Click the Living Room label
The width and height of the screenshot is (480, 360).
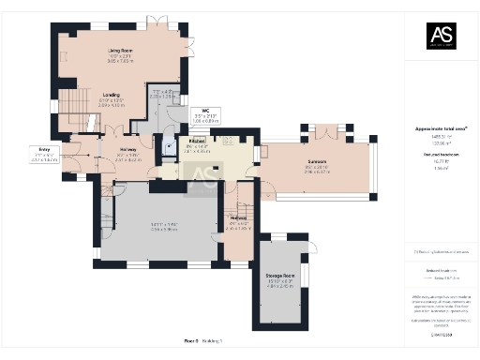coord(118,49)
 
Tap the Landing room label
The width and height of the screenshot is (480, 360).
coord(111,95)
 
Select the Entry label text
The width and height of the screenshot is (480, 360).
coord(44,149)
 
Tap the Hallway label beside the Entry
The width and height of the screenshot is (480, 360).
coord(127,150)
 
